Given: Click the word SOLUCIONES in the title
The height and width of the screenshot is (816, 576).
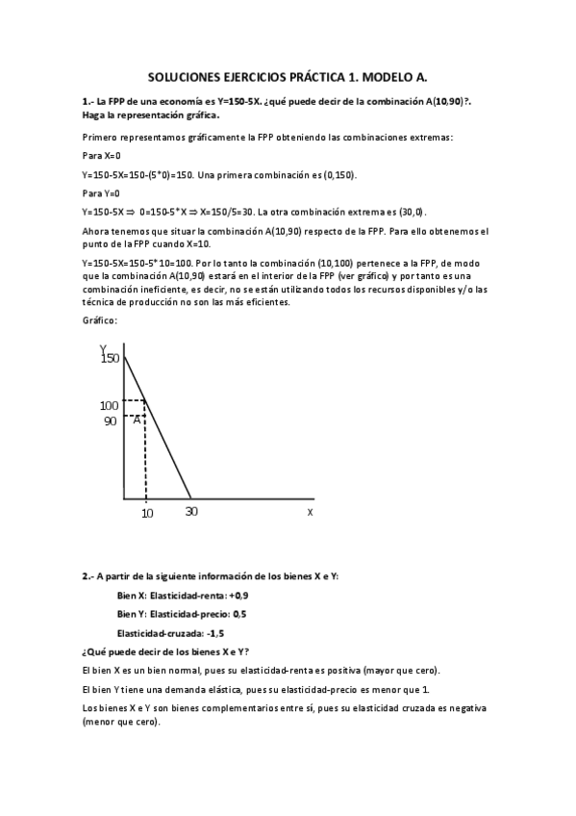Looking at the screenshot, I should (188, 76).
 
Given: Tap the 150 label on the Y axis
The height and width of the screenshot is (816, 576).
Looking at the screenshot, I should (109, 358).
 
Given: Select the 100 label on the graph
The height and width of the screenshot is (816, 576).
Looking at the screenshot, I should (109, 405).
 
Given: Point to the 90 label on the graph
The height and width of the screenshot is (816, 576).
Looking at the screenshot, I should (110, 421).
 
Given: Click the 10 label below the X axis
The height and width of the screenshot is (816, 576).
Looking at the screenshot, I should (147, 513).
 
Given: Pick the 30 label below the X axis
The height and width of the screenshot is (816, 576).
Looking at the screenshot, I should (191, 511).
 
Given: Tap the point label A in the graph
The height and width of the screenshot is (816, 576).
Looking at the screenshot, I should (137, 419).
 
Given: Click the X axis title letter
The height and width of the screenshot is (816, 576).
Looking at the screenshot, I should (310, 512).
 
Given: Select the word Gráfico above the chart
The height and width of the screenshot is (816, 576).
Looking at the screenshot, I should (99, 320).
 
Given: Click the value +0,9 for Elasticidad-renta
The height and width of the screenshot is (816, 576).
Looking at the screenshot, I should (221, 596).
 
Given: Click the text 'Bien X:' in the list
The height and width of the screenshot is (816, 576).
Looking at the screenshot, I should (132, 596).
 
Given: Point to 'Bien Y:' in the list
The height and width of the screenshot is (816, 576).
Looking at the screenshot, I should (132, 614).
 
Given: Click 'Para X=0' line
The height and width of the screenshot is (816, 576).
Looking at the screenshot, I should (102, 155).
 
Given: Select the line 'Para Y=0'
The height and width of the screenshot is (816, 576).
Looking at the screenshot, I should (102, 192).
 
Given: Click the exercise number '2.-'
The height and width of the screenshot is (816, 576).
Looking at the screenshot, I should (88, 576).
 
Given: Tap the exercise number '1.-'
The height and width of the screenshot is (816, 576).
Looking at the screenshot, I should (88, 100).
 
